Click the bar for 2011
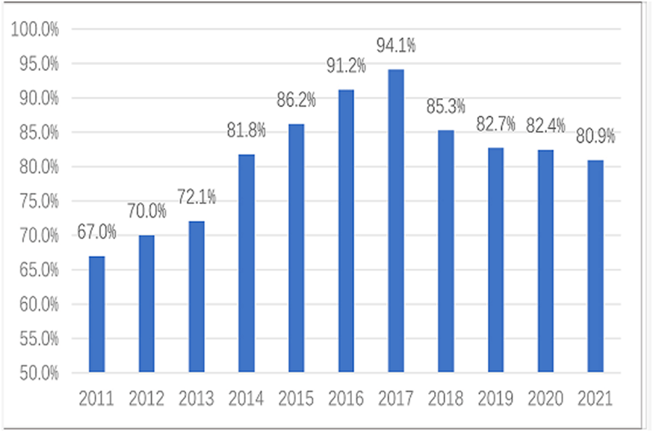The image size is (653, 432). [96, 314]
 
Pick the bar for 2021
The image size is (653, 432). [595, 266]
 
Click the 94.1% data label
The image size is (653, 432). [396, 46]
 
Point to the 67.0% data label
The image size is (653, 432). [96, 232]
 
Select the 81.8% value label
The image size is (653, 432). [246, 131]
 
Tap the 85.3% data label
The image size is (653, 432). [446, 106]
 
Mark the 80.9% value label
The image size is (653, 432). [595, 136]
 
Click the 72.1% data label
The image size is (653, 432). [196, 197]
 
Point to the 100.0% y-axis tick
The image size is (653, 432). [33, 30]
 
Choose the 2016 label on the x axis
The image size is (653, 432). [346, 398]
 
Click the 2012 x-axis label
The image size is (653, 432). [146, 398]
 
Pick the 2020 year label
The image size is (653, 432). [545, 398]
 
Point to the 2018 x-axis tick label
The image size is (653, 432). [446, 398]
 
